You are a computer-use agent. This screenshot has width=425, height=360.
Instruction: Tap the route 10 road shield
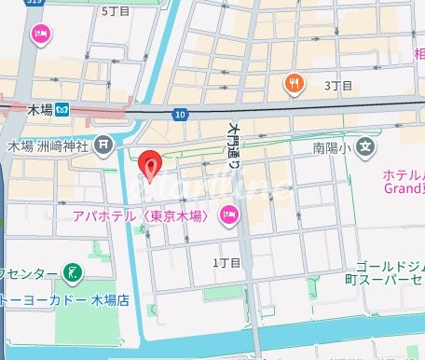(x=179, y=113)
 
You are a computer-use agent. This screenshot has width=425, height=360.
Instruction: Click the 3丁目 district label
(x=337, y=86)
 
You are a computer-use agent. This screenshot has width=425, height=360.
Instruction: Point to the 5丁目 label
(x=115, y=10)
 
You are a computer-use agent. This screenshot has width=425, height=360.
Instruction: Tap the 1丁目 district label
(x=226, y=265)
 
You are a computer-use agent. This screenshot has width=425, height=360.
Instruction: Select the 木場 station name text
(x=38, y=109)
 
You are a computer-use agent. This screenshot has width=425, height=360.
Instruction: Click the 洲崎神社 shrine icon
(x=102, y=145)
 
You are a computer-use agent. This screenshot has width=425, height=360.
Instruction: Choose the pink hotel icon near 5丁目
(x=40, y=35)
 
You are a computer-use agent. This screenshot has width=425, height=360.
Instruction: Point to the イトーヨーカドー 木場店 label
(x=56, y=300)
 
